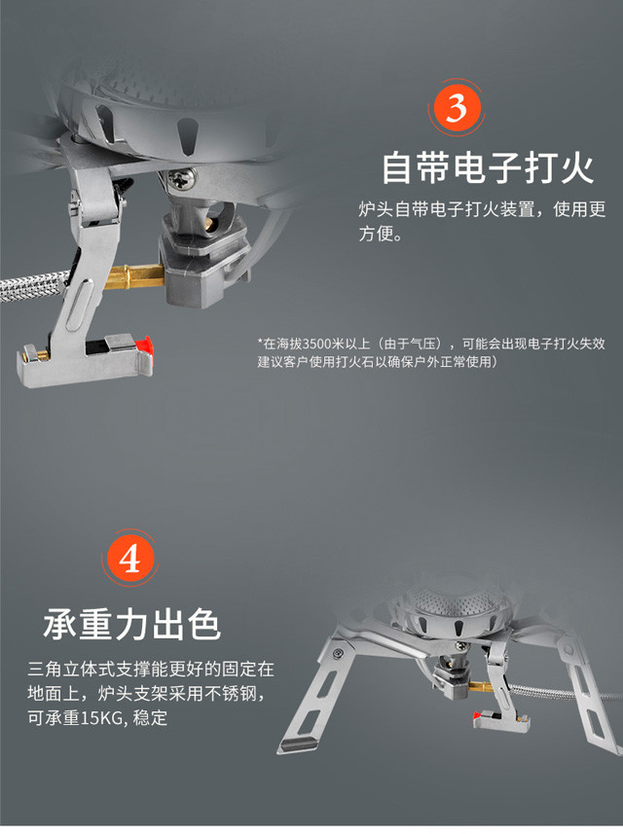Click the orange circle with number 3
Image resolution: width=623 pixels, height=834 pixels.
pyautogui.click(x=456, y=108)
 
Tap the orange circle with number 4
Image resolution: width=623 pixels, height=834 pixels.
pyautogui.click(x=129, y=558)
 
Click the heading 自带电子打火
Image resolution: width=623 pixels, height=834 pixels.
pyautogui.click(x=488, y=167)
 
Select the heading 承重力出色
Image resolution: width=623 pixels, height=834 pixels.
pyautogui.click(x=132, y=624)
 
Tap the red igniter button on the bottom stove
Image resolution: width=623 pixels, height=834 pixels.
pyautogui.click(x=478, y=716)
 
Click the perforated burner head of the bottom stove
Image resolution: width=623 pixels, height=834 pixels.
pyautogui.click(x=454, y=603)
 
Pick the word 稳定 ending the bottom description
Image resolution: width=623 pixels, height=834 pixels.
pyautogui.click(x=150, y=718)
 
